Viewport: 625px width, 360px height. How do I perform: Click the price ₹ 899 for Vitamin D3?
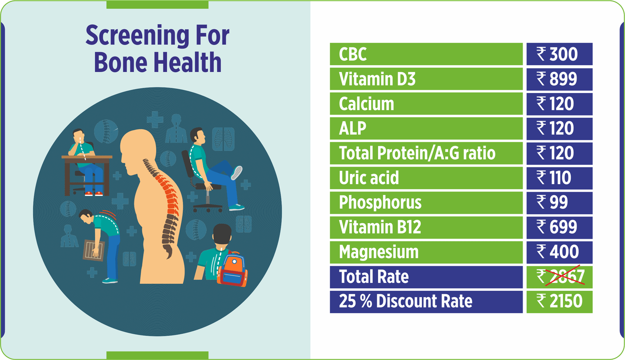[x=559, y=79]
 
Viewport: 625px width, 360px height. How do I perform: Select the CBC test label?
[x=353, y=54]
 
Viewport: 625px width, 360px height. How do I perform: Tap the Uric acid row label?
[x=369, y=178]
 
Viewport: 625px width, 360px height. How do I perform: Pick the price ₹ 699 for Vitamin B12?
[x=559, y=227]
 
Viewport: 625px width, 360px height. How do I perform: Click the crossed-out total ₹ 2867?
[x=560, y=277]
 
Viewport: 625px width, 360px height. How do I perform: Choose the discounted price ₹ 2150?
[x=559, y=301]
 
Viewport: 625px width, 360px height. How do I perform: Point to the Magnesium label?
[x=379, y=252]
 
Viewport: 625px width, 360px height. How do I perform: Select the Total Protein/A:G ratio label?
[x=417, y=153]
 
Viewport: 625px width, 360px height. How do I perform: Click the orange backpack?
[x=233, y=269]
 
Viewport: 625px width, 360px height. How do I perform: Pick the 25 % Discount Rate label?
[x=405, y=301]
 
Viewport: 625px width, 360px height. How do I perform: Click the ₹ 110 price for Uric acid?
[x=555, y=178]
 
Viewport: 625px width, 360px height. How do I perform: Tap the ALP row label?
[x=352, y=129]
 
